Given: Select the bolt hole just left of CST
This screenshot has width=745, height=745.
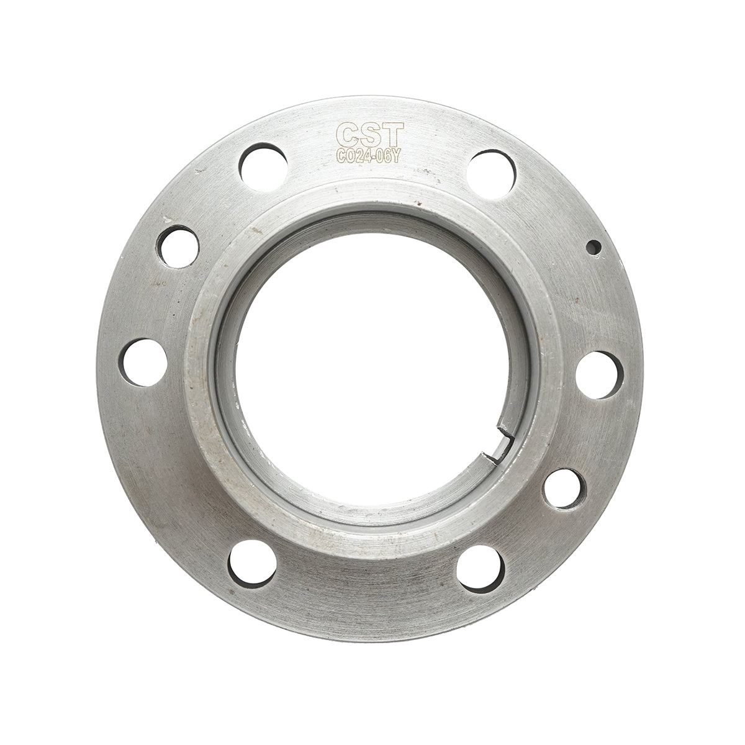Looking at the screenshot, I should pos(262,165).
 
